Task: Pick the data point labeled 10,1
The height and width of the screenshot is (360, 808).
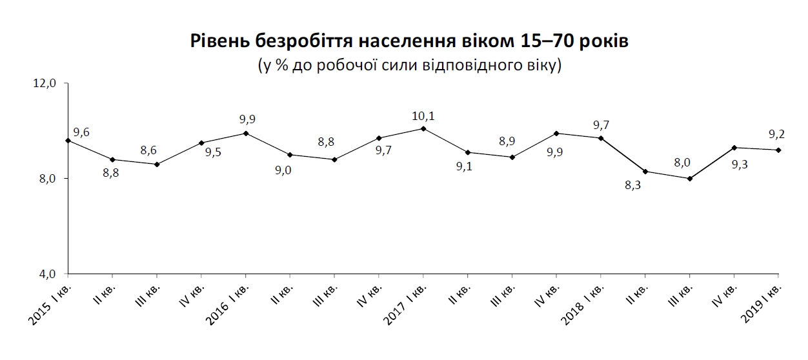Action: [x=423, y=128]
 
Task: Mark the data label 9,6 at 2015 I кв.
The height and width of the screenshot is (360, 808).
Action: [x=81, y=132]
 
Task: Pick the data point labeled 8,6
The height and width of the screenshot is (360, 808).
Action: [x=157, y=164]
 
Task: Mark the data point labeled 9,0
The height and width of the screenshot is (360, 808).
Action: [x=290, y=155]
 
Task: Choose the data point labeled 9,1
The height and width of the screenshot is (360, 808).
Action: [x=467, y=152]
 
